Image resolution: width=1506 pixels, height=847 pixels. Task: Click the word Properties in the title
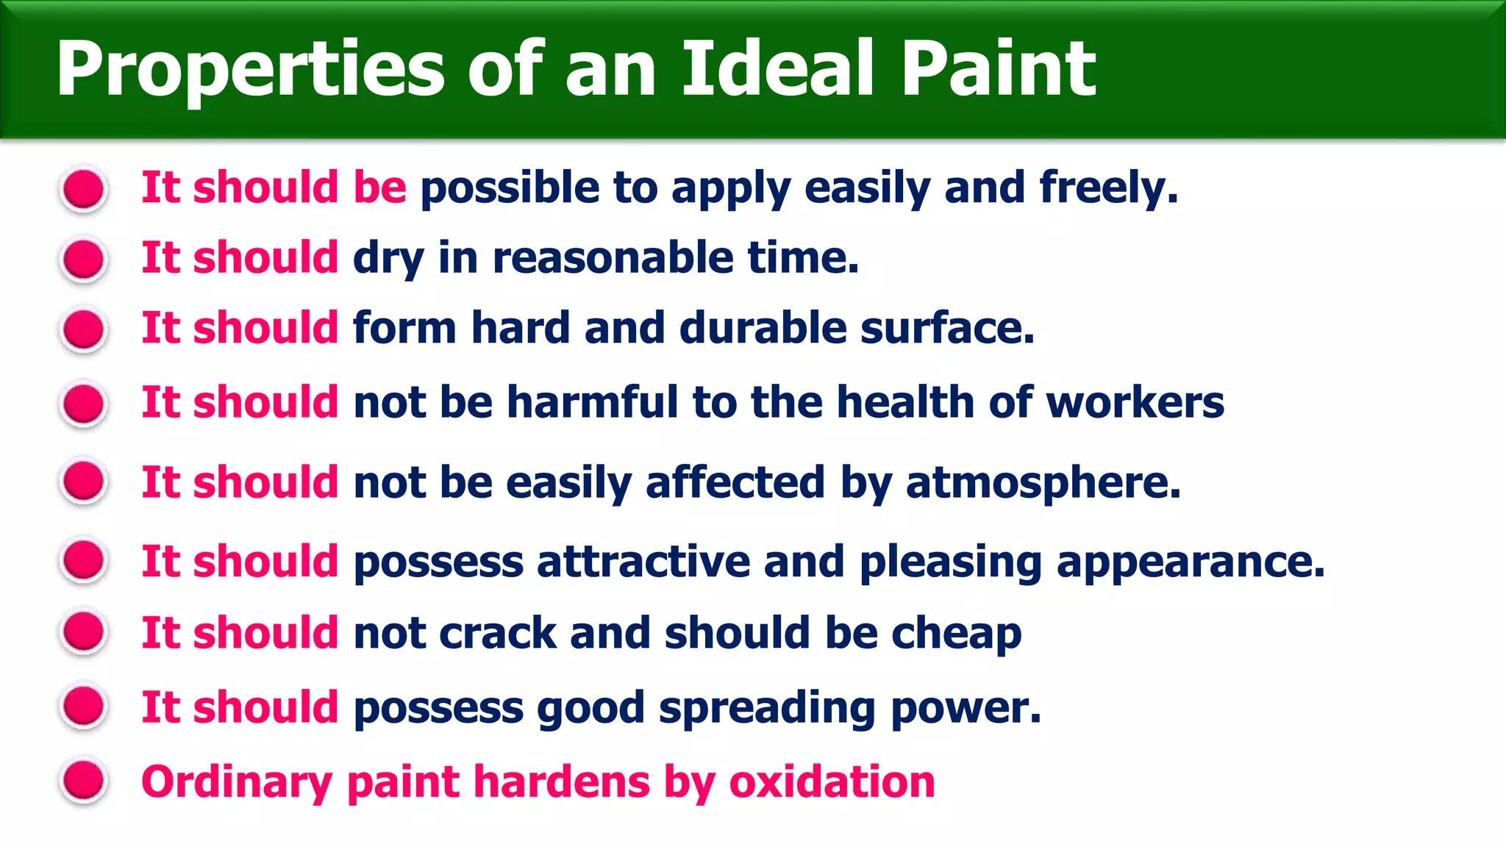click(x=250, y=70)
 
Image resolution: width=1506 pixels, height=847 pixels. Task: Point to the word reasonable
click(x=613, y=258)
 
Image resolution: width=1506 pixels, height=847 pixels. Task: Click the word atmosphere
click(x=1043, y=483)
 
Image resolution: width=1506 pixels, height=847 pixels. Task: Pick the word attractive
click(x=643, y=562)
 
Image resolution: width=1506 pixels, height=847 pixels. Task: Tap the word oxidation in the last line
click(x=832, y=782)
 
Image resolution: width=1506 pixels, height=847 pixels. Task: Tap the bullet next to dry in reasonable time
click(x=84, y=259)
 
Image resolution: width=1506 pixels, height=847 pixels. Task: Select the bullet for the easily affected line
click(x=84, y=482)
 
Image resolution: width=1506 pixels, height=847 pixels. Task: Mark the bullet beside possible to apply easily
click(x=84, y=189)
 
